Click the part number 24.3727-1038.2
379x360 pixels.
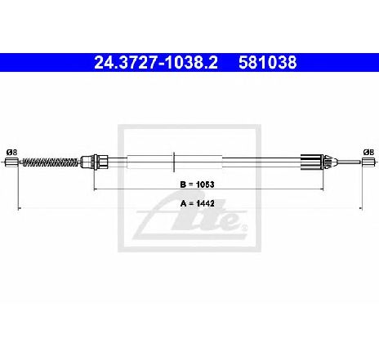click(156, 62)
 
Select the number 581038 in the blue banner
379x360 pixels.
click(268, 62)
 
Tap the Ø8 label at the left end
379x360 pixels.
click(11, 152)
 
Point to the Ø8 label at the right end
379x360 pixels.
click(368, 152)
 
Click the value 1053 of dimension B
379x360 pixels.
click(205, 184)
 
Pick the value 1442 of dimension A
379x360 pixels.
click(205, 203)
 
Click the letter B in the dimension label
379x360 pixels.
click(183, 184)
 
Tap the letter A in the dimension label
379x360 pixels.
click(183, 203)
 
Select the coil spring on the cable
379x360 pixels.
click(50, 162)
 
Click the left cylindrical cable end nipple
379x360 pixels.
click(11, 162)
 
